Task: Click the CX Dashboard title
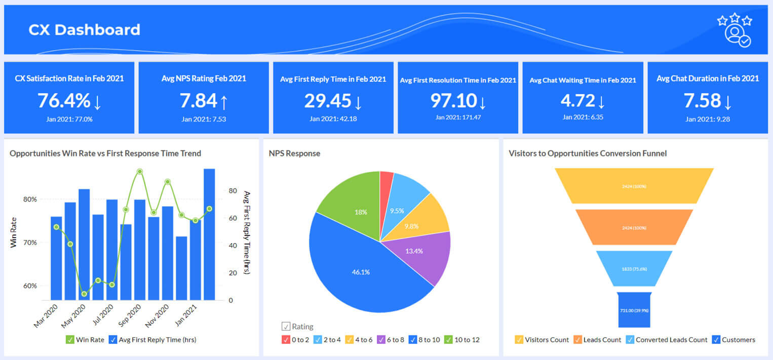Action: [84, 30]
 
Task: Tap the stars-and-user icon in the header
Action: [734, 31]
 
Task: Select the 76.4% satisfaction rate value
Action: [63, 101]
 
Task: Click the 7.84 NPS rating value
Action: [199, 101]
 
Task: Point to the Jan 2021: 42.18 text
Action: [333, 119]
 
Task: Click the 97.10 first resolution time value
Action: [453, 101]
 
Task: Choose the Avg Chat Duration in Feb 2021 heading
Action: [708, 78]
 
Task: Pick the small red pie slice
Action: [386, 180]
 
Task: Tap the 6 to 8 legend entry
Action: [393, 340]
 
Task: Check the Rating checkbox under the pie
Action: [286, 327]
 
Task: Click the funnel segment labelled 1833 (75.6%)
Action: [634, 268]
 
